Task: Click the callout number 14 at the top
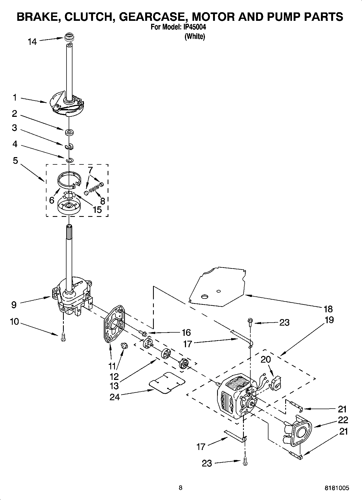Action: click(32, 42)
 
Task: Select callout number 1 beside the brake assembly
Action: click(15, 97)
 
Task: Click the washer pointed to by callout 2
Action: click(69, 132)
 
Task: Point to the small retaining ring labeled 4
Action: click(69, 160)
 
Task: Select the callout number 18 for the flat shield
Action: click(328, 309)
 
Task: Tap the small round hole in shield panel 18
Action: click(219, 291)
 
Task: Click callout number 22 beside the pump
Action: click(343, 420)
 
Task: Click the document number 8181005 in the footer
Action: click(337, 488)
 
